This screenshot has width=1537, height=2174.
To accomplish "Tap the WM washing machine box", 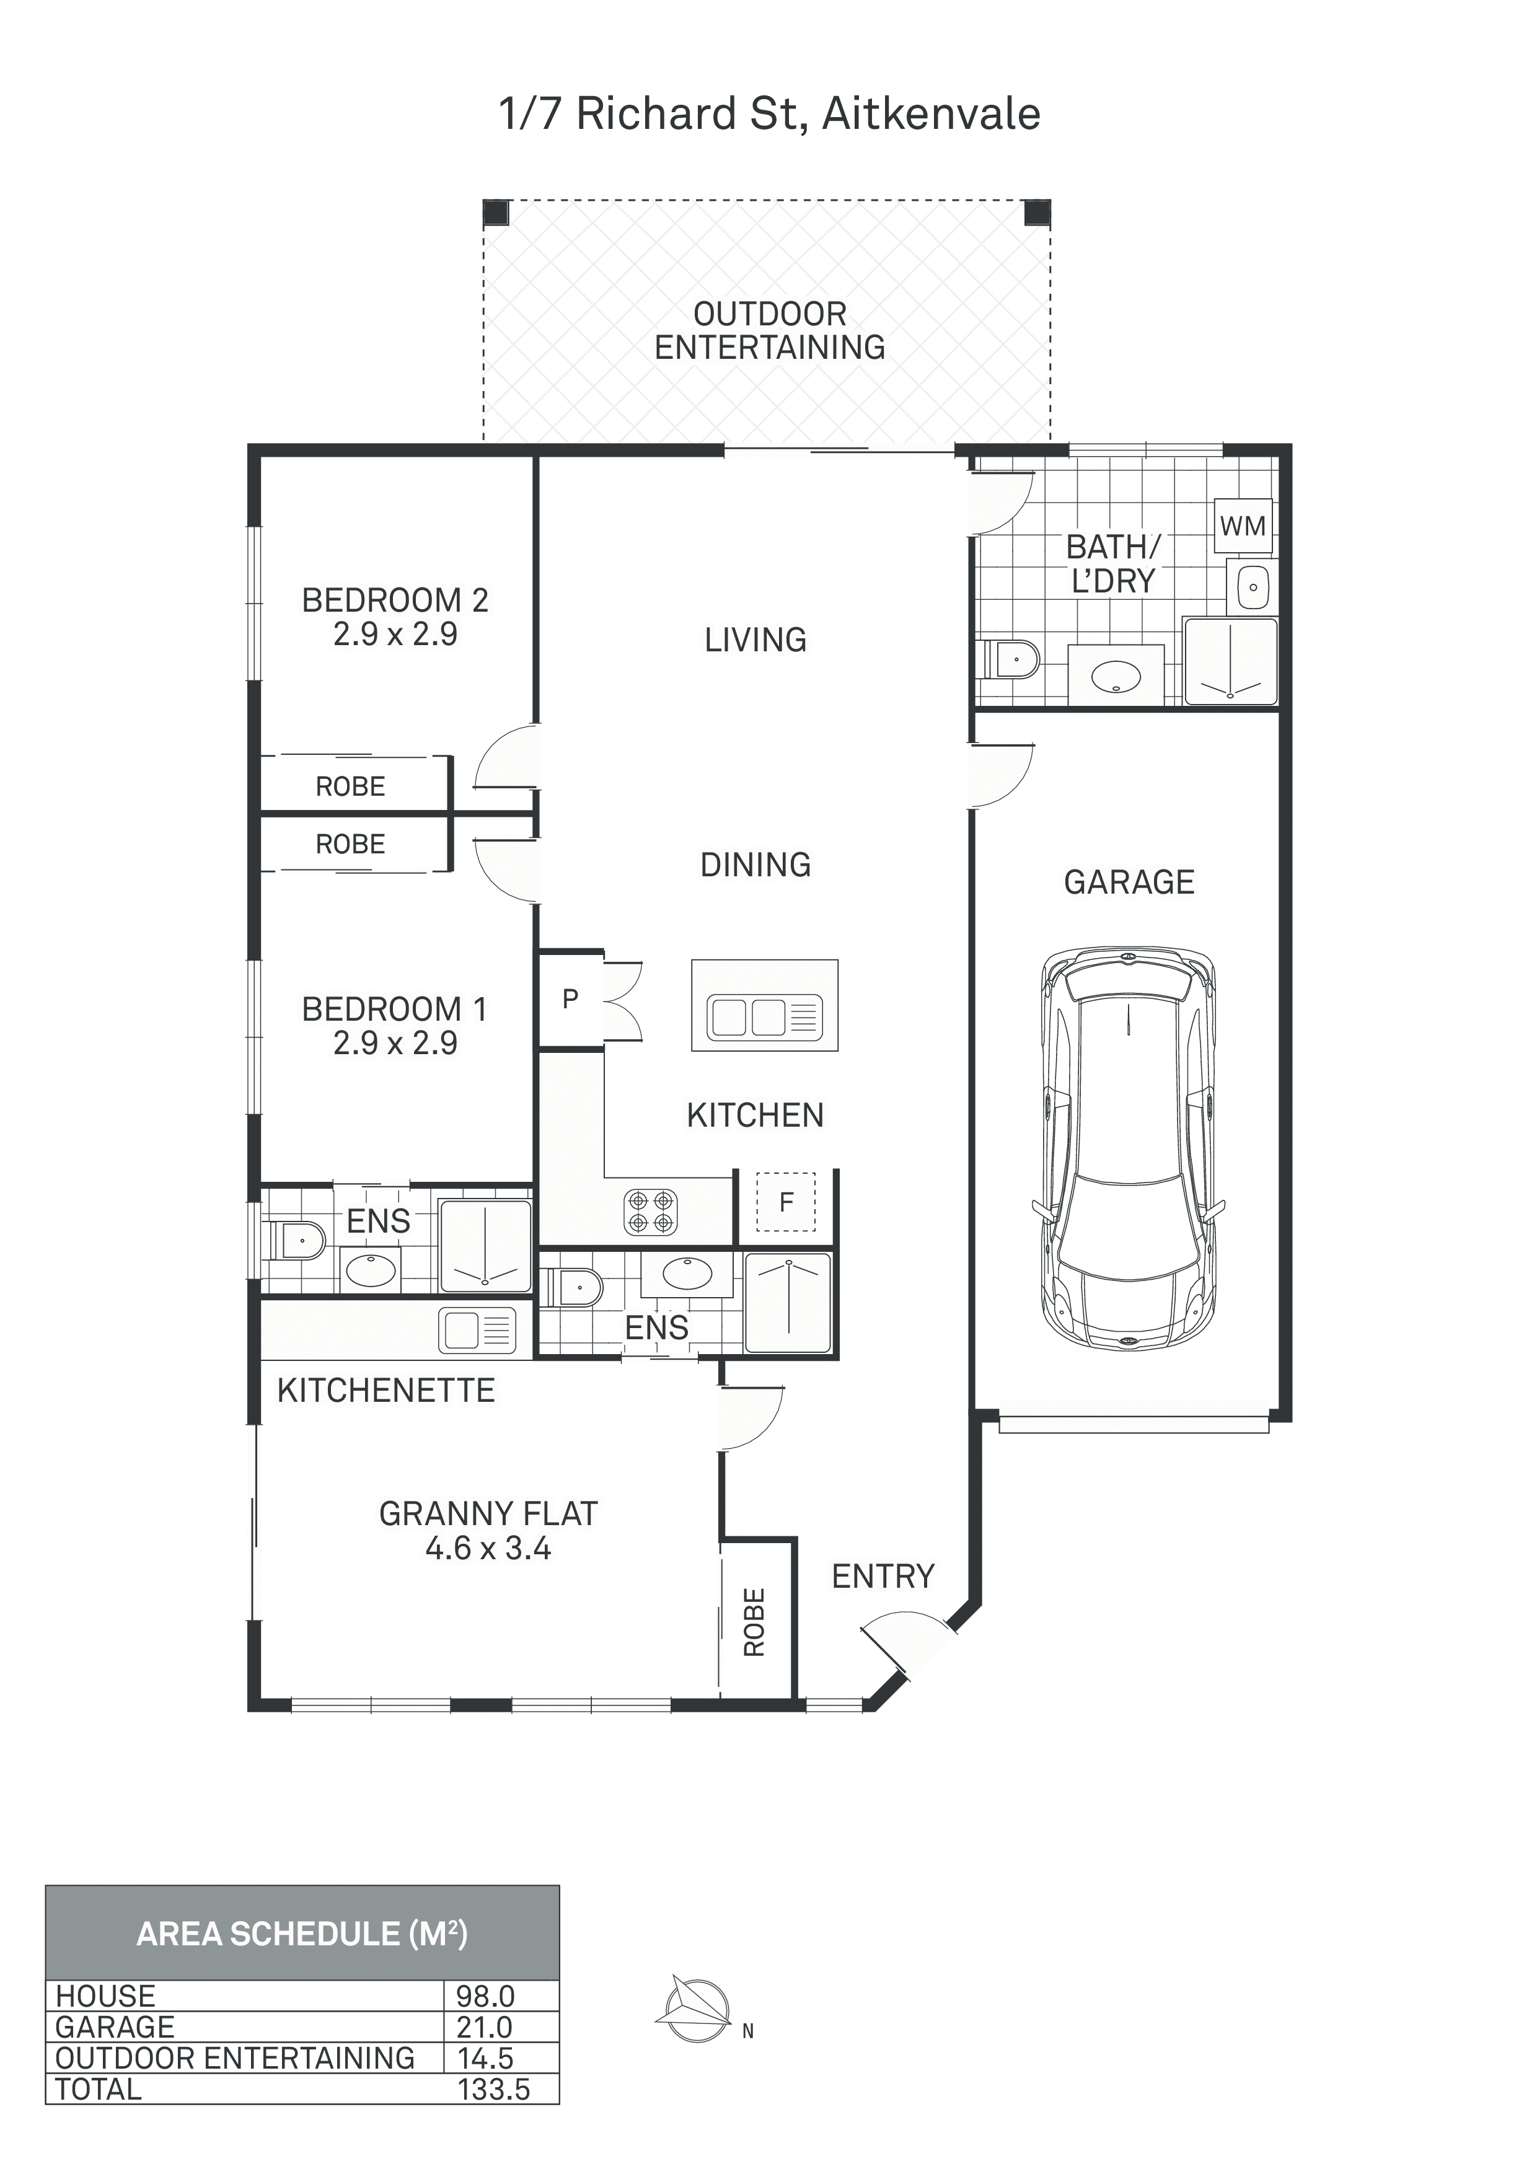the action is (1243, 526).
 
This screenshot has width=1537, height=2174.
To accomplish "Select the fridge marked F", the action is (786, 1202).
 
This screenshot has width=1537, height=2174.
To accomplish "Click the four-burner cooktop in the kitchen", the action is (651, 1212).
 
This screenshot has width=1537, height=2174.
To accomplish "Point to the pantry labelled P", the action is (571, 999).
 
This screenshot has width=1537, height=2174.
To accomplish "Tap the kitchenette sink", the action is (477, 1329).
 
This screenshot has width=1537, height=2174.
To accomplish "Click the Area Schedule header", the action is (302, 1932).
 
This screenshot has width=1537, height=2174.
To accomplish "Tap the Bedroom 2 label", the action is (395, 601).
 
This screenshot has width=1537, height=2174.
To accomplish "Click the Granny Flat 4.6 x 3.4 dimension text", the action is (488, 1548).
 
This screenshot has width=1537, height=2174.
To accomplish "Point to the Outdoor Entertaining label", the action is (770, 330).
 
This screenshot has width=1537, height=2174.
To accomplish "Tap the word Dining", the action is (755, 865).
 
